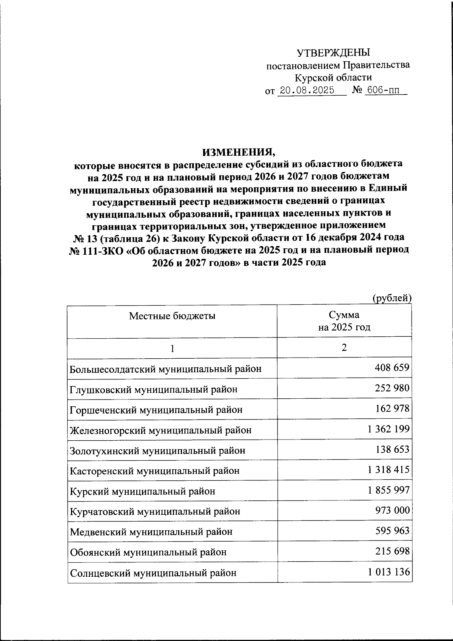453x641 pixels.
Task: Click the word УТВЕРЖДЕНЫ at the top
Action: [x=333, y=53]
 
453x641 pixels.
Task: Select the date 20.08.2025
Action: [x=306, y=91]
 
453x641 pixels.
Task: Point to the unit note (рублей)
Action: [x=391, y=298]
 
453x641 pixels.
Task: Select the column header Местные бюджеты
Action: [x=172, y=316]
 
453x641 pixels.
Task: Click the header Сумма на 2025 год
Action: [x=344, y=321]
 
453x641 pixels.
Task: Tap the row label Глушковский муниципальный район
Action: [x=154, y=389]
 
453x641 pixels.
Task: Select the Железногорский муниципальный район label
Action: [x=161, y=430]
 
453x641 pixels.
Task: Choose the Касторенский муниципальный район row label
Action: [x=155, y=471]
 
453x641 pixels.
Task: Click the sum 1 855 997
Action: [x=389, y=490]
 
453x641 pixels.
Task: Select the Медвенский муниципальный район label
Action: [x=151, y=532]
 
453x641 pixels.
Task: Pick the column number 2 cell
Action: [x=344, y=348]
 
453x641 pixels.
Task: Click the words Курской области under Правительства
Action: [x=333, y=78]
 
